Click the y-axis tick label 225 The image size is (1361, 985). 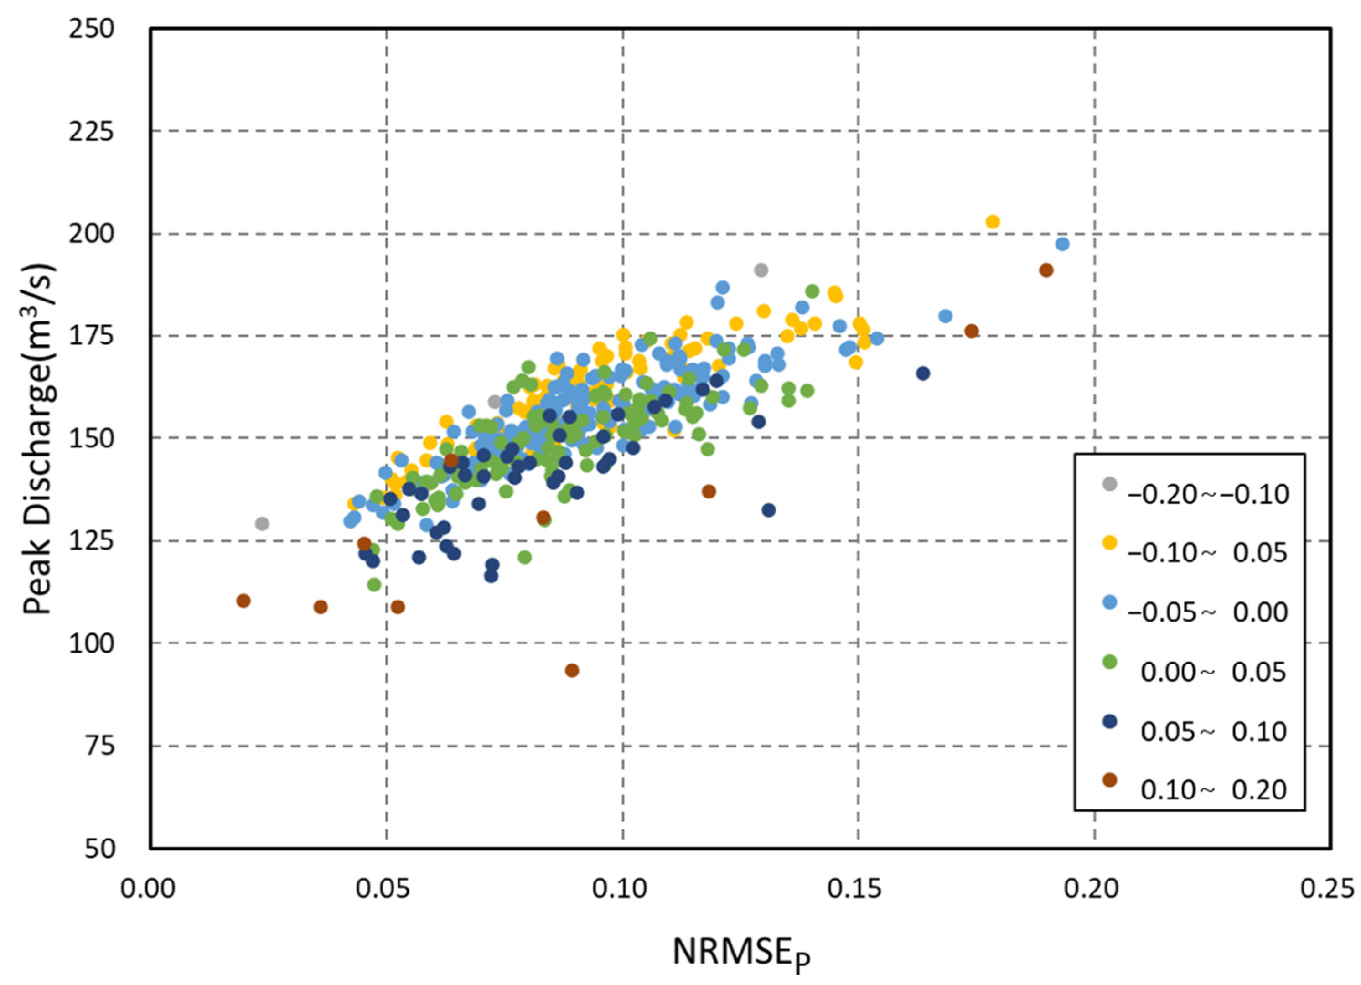[x=91, y=131]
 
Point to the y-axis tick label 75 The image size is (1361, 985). [x=99, y=746]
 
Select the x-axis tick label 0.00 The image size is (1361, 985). [x=148, y=888]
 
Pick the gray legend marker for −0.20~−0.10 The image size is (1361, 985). [x=1110, y=483]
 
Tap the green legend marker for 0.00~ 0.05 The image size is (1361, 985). [x=1110, y=662]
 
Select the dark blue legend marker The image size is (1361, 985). [x=1110, y=721]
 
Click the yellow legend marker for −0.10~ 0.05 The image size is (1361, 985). [x=1110, y=543]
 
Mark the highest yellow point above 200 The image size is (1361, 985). [x=993, y=222]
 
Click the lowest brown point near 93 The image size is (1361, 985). [x=572, y=670]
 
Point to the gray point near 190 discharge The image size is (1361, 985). [x=761, y=270]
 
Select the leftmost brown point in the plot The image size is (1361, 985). [x=243, y=601]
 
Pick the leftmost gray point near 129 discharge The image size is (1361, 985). [x=262, y=524]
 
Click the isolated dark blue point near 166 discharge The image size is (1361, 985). [x=923, y=373]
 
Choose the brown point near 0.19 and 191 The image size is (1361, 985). [x=1046, y=270]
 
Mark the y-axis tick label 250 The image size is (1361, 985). [x=91, y=29]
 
